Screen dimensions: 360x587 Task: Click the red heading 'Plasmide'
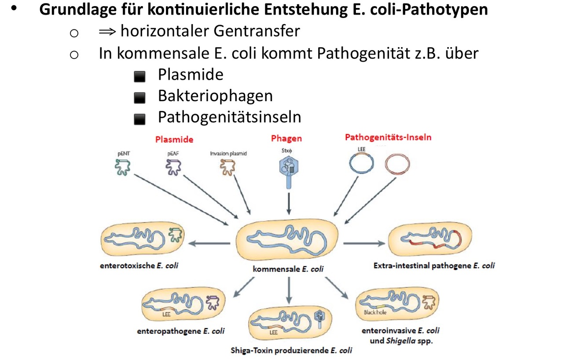174,140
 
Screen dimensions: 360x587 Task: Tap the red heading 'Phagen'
286,139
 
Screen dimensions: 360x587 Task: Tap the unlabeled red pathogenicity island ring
397,165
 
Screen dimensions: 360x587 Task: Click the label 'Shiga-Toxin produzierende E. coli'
291,351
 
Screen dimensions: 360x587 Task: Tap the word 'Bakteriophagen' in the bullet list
215,96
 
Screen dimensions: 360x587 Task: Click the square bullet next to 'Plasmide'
139,77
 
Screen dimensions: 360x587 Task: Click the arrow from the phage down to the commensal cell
289,203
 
